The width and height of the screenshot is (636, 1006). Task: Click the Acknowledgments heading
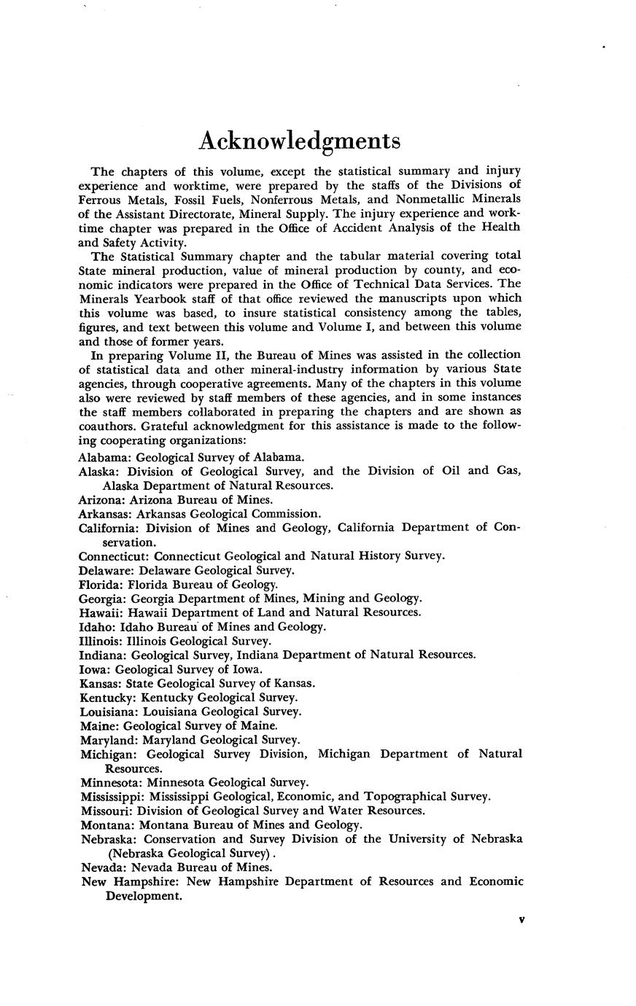(300, 141)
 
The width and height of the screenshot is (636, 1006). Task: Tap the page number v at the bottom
(521, 920)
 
